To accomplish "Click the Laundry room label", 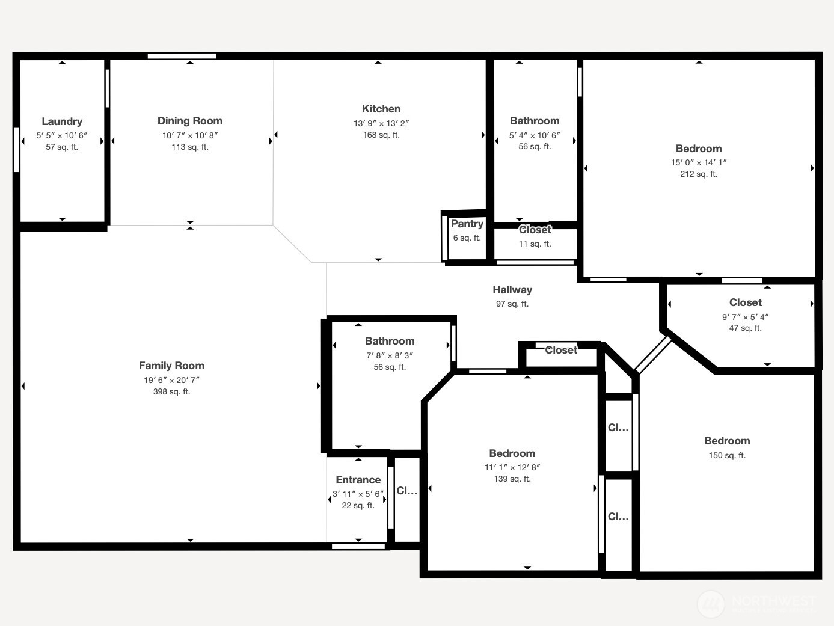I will pyautogui.click(x=62, y=121).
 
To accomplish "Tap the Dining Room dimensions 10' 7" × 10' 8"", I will pyautogui.click(x=190, y=135).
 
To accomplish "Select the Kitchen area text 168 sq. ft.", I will pyautogui.click(x=381, y=135).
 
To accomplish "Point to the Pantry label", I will pyautogui.click(x=467, y=224).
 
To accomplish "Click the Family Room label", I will pyautogui.click(x=171, y=366).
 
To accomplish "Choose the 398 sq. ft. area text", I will pyautogui.click(x=171, y=392).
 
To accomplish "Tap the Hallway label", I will pyautogui.click(x=512, y=290).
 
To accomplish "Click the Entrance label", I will pyautogui.click(x=358, y=480).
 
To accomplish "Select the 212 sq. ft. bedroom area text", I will pyautogui.click(x=698, y=174).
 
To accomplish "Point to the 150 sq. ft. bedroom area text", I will pyautogui.click(x=727, y=456).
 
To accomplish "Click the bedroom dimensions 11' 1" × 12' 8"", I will pyautogui.click(x=512, y=467).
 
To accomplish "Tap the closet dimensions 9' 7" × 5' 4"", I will pyautogui.click(x=745, y=317).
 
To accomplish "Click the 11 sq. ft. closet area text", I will pyautogui.click(x=535, y=244).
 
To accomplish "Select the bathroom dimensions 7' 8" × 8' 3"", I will pyautogui.click(x=390, y=355).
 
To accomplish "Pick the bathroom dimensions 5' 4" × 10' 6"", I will pyautogui.click(x=535, y=135).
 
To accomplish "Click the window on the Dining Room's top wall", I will pyautogui.click(x=182, y=56).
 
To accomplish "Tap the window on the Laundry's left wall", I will pyautogui.click(x=16, y=150).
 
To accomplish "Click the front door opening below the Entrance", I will pyautogui.click(x=358, y=546).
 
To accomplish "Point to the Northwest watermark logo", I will pyautogui.click(x=711, y=603).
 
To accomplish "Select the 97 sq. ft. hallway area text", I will pyautogui.click(x=512, y=304).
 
